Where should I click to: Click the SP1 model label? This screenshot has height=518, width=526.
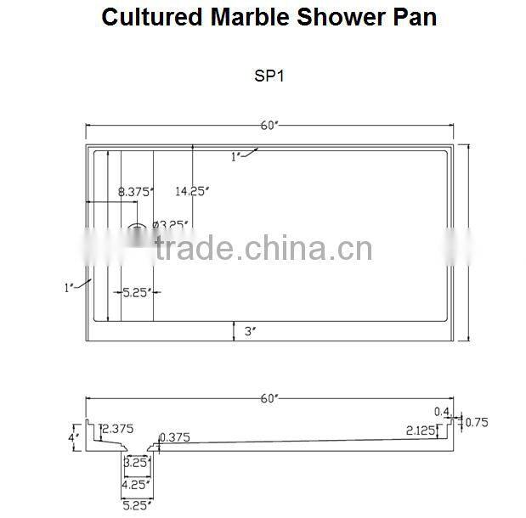click(269, 75)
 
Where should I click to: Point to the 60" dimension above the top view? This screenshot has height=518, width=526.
click(269, 127)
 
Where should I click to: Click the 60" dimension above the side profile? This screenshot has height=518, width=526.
click(269, 398)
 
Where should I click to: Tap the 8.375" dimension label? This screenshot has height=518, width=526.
click(135, 192)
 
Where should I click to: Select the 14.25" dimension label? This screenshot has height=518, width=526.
click(191, 192)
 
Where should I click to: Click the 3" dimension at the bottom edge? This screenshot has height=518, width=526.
click(250, 332)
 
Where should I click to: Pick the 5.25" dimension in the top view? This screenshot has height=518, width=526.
click(136, 292)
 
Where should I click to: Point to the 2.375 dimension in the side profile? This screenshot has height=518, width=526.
click(117, 429)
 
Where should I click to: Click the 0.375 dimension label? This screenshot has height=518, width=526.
click(174, 438)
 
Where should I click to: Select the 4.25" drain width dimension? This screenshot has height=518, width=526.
click(136, 485)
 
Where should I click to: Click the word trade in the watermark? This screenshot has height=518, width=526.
click(195, 250)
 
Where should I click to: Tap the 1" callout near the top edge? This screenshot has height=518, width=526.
click(236, 155)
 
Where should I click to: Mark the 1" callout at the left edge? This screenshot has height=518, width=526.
click(70, 288)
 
